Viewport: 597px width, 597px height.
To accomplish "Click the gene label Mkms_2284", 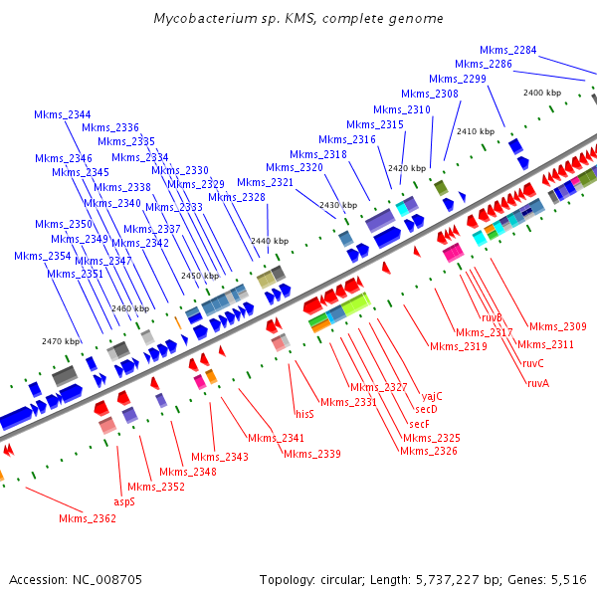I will click(507, 50).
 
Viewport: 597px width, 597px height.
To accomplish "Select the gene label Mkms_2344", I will click(62, 114).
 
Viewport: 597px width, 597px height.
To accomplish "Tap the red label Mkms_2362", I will click(88, 518).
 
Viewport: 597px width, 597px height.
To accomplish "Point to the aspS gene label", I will click(123, 501).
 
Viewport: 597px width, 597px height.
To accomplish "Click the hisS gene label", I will click(304, 413).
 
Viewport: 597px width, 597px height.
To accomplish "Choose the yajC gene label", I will click(432, 395).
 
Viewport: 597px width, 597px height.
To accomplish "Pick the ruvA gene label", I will click(537, 383).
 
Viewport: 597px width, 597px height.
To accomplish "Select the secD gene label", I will click(426, 409).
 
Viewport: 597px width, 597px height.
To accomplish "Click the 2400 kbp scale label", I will click(542, 93).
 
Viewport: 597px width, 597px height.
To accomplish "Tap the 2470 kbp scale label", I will click(60, 341).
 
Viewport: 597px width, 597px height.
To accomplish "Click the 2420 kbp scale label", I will click(406, 168).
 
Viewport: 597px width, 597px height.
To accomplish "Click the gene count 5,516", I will click(568, 579).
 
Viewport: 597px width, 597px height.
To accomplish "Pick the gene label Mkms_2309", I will click(557, 326).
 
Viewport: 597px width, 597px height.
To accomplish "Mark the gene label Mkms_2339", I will click(312, 454).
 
